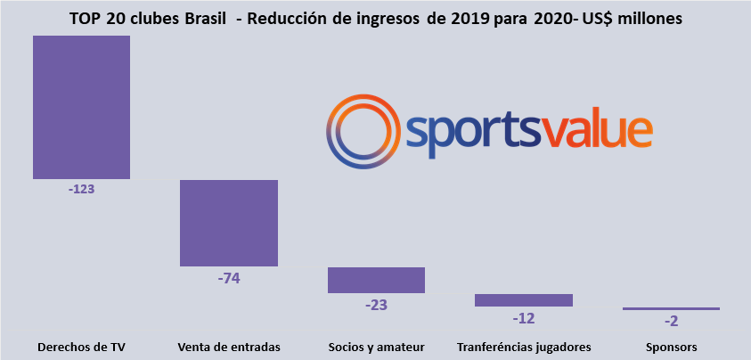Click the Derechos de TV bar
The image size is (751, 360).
point(81,107)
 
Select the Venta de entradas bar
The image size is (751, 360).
point(229,223)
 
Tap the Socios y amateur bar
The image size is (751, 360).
point(376,280)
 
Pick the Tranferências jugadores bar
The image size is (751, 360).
point(523,300)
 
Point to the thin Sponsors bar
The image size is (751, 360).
point(671,308)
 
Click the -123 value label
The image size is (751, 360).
point(81,190)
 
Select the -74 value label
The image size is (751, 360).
point(229,277)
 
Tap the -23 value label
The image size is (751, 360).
point(376,304)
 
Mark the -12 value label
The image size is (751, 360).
point(524,318)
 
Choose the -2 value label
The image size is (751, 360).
point(671,321)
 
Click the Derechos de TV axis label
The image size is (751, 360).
point(81,347)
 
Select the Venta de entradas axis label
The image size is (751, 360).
point(229,347)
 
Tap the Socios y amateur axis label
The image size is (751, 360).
point(376,347)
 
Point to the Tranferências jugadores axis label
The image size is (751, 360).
point(524,347)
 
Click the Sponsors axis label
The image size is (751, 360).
point(671,347)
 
